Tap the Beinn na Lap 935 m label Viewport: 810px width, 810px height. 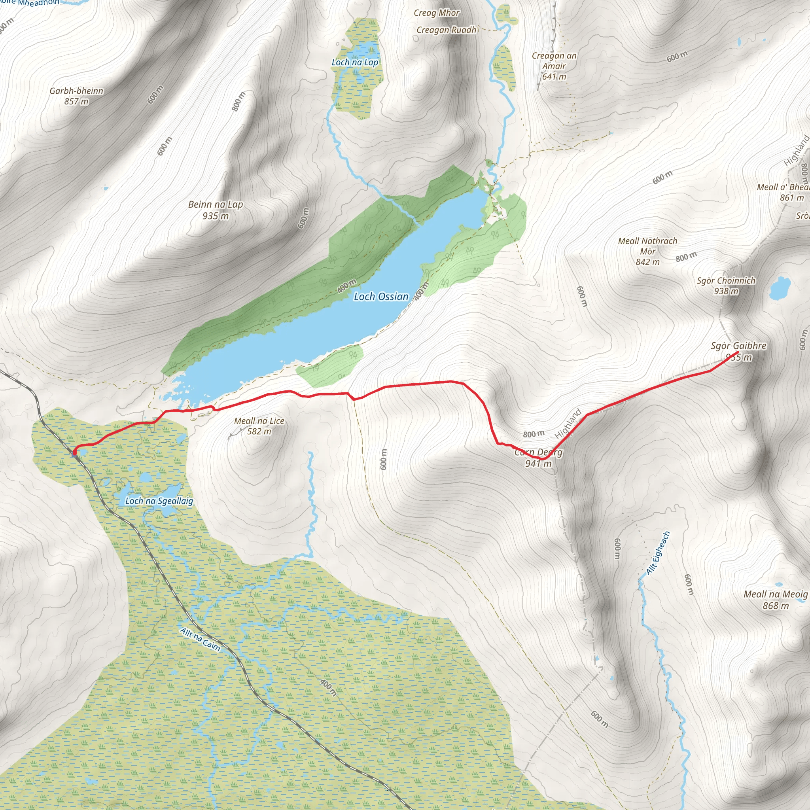(216, 210)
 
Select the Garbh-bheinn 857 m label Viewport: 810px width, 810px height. (76, 96)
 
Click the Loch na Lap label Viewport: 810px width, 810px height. (355, 62)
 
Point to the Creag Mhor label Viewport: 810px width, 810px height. (437, 13)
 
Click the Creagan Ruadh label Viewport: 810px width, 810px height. (446, 30)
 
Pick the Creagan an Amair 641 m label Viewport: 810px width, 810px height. (554, 66)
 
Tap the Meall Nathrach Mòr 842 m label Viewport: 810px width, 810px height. (647, 251)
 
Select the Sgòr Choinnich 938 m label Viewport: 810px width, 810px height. (726, 286)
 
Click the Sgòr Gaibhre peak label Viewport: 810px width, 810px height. (738, 346)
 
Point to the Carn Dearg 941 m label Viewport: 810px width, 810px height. (538, 458)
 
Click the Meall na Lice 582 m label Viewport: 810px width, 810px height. (259, 426)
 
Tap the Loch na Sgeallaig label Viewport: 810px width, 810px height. (159, 501)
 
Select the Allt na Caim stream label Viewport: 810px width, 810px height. (200, 639)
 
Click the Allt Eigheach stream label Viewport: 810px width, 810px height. (658, 553)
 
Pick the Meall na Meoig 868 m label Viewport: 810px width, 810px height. (775, 600)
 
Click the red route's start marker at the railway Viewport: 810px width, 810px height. (75, 452)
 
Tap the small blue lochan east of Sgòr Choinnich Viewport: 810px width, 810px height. (780, 288)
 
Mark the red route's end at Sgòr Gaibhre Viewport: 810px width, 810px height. (738, 352)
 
